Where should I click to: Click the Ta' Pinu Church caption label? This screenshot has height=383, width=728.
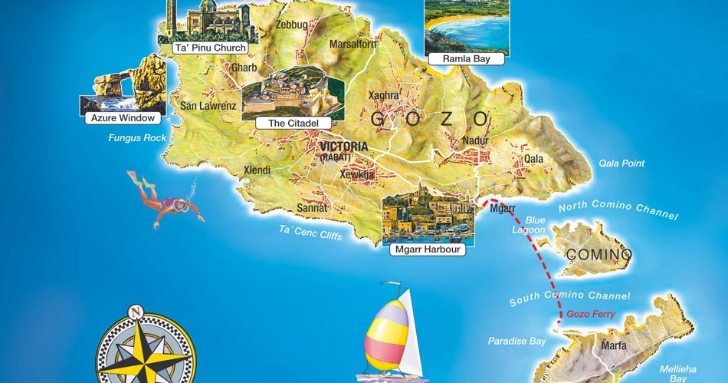(x=210, y=48)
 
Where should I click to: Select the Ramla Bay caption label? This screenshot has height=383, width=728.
(x=467, y=58)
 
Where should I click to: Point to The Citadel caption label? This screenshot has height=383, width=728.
(x=287, y=123)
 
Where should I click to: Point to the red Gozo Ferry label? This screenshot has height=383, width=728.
(x=591, y=315)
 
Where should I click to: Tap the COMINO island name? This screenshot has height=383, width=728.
(x=598, y=254)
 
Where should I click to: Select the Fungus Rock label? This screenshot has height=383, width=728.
(x=137, y=138)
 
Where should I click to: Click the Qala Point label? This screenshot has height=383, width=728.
(x=621, y=163)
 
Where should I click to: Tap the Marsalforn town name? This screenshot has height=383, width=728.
(x=353, y=44)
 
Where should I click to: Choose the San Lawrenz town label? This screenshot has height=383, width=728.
(x=203, y=106)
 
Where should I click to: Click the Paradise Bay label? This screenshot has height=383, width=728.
(x=517, y=341)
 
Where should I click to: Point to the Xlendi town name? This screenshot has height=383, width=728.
(x=257, y=170)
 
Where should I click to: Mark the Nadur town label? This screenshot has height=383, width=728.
(x=476, y=141)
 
